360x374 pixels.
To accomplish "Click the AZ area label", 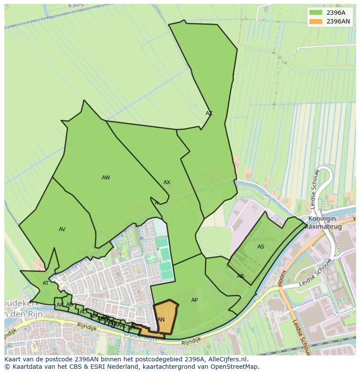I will (x=209, y=113).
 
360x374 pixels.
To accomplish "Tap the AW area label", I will (x=106, y=178).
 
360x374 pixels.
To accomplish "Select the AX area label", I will (x=167, y=182).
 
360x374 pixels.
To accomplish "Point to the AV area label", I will (x=62, y=229).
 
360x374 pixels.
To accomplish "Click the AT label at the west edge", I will (x=46, y=283).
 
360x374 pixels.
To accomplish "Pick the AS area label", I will (x=261, y=247).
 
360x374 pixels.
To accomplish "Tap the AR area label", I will (x=240, y=276).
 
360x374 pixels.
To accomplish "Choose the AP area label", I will (x=194, y=300).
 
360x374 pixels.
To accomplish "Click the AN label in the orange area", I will (x=161, y=320).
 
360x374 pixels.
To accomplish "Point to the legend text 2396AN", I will (x=338, y=21).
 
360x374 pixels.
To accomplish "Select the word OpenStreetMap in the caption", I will (x=236, y=367).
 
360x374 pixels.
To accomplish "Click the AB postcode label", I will (x=70, y=304).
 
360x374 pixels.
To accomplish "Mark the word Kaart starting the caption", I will (x=13, y=359).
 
